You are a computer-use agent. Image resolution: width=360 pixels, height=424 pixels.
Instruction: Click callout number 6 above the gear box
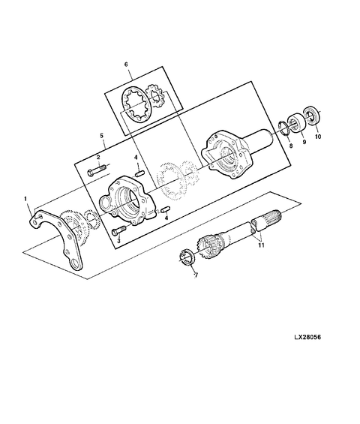tap(127, 66)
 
